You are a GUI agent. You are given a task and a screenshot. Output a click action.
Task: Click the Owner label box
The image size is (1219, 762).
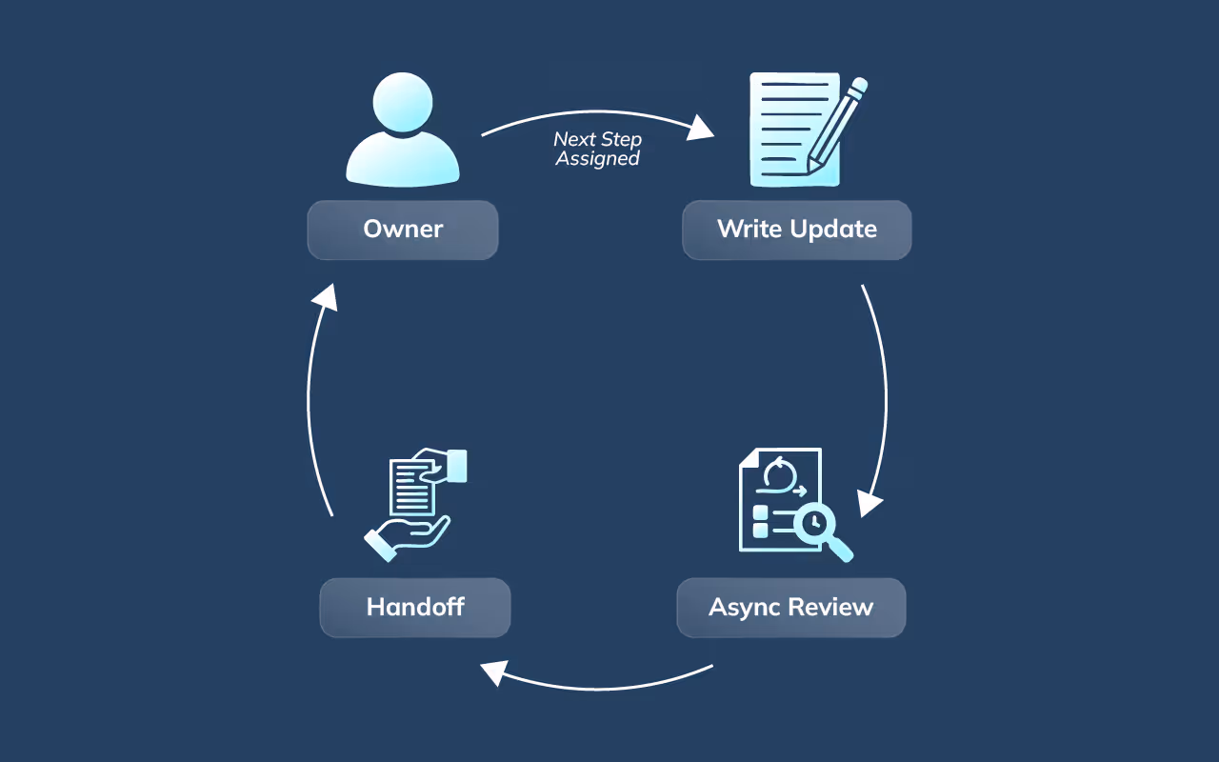pos(402,230)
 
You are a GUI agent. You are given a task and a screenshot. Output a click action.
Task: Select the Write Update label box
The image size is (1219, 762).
pos(796,230)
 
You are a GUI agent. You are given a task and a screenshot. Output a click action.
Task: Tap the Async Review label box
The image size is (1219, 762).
pos(790,608)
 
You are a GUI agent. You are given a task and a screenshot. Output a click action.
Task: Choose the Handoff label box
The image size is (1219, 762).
pos(415,608)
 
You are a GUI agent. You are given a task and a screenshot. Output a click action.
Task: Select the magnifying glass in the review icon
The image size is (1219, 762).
pos(821,527)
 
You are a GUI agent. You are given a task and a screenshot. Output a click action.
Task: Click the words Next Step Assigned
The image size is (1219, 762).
pos(598,150)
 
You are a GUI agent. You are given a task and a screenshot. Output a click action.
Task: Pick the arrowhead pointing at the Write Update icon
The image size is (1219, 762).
pos(702,128)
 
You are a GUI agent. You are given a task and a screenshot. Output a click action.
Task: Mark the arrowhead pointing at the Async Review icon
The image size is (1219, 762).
pos(869,502)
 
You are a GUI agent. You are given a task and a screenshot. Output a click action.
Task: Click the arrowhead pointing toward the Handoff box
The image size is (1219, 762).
pos(492,672)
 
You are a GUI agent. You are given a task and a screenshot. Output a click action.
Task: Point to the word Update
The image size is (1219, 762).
pos(837,230)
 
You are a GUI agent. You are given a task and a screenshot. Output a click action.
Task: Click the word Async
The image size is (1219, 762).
pos(741,608)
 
